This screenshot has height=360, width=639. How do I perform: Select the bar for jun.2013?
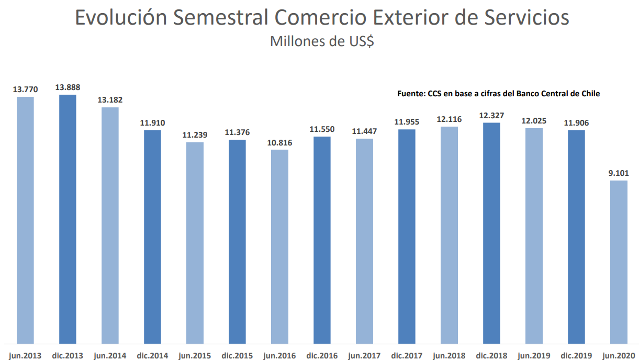(25, 220)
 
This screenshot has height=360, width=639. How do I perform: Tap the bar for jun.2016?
(279, 246)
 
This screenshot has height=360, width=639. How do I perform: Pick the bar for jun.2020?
(619, 262)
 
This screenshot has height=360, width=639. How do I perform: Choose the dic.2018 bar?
(491, 233)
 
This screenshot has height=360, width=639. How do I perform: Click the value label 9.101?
(619, 173)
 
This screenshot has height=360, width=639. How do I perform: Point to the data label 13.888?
(68, 87)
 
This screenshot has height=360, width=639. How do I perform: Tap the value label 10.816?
(279, 142)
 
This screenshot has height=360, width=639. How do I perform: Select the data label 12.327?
(491, 116)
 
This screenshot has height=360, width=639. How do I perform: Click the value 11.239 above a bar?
(195, 135)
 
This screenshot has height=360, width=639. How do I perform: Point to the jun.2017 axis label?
(364, 356)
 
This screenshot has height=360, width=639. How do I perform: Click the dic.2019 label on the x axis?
(576, 356)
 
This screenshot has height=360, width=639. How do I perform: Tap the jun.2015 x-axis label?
(195, 356)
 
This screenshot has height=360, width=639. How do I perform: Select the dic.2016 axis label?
(322, 356)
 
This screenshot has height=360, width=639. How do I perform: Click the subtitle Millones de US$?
(322, 41)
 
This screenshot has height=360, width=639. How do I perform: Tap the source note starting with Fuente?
(498, 94)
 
